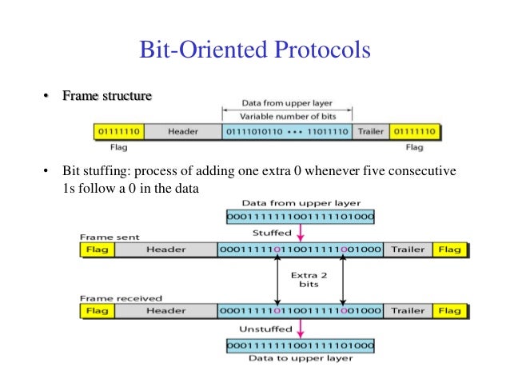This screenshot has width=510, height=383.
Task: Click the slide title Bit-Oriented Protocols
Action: coord(255,50)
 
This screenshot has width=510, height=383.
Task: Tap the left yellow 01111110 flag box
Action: coord(118,131)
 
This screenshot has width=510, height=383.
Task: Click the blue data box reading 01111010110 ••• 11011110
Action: coord(287,131)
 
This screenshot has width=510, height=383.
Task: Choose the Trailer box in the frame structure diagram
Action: coord(370,131)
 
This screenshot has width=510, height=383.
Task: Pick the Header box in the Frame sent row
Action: coord(166,249)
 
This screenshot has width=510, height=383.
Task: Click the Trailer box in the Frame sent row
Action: coord(408,249)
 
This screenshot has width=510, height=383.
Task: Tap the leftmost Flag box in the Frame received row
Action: coord(98,309)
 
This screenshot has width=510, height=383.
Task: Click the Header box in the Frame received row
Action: coord(166,309)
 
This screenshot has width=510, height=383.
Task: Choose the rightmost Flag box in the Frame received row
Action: coord(449,309)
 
